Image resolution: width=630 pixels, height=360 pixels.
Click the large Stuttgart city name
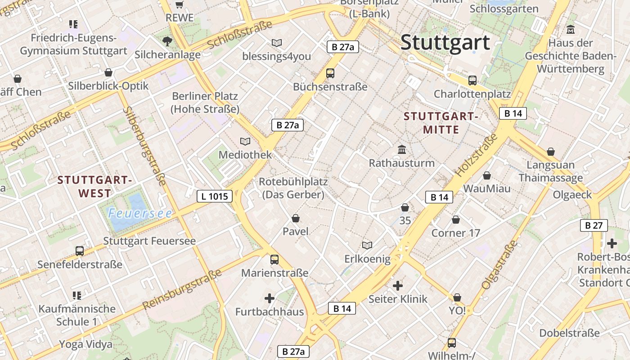[445, 42]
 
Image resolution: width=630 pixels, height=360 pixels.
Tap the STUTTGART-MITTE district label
[441, 123]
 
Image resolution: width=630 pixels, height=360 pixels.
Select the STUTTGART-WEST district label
[94, 187]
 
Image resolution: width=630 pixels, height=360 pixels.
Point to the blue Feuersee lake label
[140, 213]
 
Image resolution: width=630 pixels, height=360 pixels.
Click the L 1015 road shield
[215, 196]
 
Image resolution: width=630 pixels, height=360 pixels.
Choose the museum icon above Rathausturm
[402, 149]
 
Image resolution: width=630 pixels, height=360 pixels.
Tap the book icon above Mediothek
[245, 142]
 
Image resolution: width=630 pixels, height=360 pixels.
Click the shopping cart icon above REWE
[180, 5]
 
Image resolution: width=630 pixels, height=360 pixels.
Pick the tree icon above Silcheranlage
[167, 42]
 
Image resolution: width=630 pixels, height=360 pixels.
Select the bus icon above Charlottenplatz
[472, 81]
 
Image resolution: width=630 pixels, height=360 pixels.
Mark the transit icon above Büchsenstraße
[330, 73]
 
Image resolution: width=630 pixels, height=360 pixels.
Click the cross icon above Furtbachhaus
[269, 298]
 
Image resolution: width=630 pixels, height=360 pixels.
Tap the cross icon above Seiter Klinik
[398, 285]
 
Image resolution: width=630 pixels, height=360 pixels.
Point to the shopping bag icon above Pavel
[296, 218]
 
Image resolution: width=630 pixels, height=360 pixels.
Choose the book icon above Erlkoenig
[367, 245]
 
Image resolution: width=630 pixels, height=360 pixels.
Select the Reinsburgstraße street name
[182, 289]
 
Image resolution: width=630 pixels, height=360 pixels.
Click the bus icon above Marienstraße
[274, 260]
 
